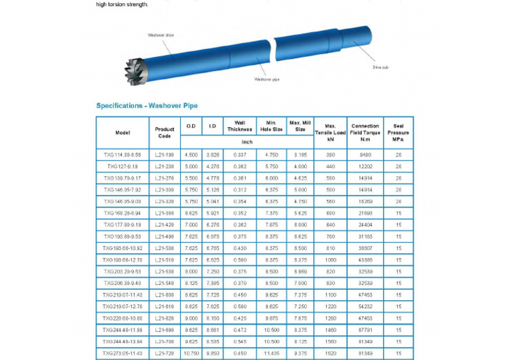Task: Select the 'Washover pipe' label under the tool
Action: (x=267, y=79)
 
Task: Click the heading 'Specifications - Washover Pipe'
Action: (x=146, y=105)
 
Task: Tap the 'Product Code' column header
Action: (x=164, y=133)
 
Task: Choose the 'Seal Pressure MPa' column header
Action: (x=398, y=133)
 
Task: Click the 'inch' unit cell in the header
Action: (x=247, y=142)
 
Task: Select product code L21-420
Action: (x=164, y=224)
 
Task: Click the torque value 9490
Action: (x=365, y=154)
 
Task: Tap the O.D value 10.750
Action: (x=191, y=353)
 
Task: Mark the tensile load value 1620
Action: (x=331, y=353)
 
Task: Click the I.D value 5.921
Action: (x=212, y=213)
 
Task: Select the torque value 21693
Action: (x=365, y=213)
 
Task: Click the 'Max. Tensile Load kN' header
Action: (x=331, y=133)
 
